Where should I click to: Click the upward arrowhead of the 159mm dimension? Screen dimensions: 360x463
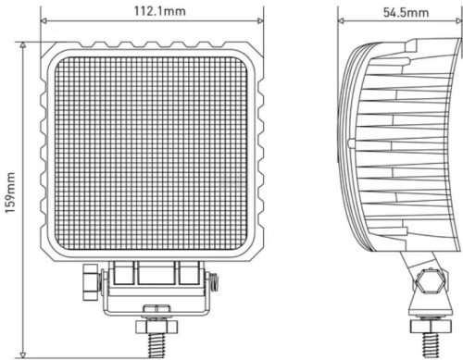click(x=24, y=43)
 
